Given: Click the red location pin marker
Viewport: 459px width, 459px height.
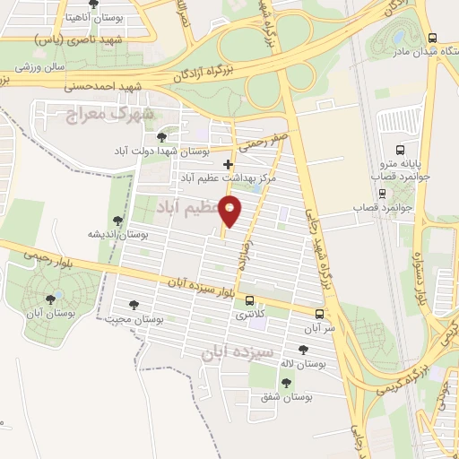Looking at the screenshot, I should click(x=230, y=212).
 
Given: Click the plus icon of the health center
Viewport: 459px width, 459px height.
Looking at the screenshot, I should click(x=228, y=164).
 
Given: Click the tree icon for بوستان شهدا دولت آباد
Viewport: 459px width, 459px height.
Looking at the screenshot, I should click(x=161, y=137).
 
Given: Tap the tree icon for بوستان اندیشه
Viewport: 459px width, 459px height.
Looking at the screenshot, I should click(x=117, y=221).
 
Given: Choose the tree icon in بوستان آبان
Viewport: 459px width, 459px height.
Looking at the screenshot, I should click(x=50, y=299).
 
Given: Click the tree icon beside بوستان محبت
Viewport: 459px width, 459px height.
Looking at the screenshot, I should click(x=134, y=306).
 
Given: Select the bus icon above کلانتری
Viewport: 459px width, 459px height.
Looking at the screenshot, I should click(x=250, y=301).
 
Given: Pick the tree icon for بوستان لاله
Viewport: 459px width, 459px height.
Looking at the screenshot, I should click(x=301, y=349).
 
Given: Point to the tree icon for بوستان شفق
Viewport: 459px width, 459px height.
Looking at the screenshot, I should click(x=286, y=383).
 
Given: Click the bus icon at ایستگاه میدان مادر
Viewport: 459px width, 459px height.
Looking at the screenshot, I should click(x=434, y=39).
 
